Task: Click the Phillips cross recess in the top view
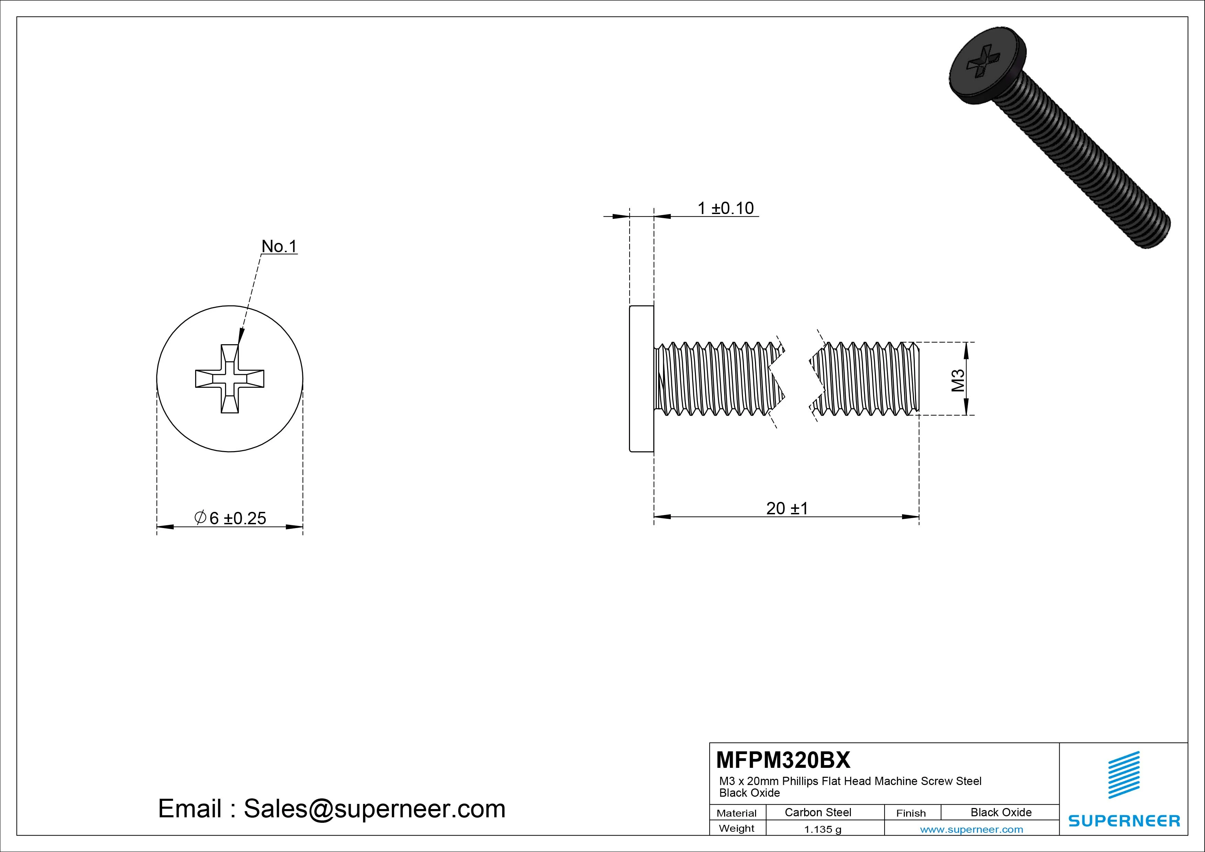tap(230, 379)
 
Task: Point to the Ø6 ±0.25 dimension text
tap(230, 518)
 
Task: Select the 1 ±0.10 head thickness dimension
tap(725, 209)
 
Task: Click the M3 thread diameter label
tap(958, 380)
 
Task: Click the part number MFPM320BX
tap(782, 760)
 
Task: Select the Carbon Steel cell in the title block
tap(818, 812)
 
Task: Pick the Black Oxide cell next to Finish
tap(1001, 812)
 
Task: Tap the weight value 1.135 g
tap(822, 829)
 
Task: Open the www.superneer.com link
tap(971, 829)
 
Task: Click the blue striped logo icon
tap(1124, 775)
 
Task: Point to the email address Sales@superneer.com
tap(374, 808)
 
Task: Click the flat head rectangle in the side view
tap(641, 379)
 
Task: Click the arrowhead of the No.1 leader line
tap(241, 336)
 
